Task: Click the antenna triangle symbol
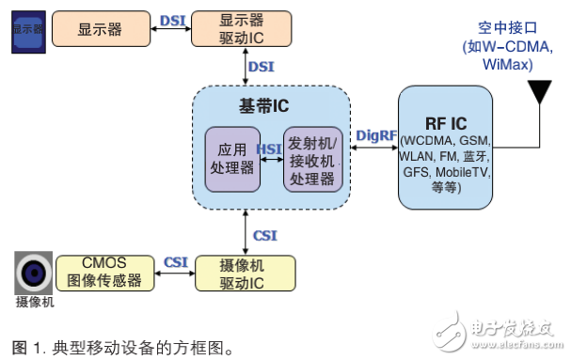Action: [538, 93]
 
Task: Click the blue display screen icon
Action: [26, 29]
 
